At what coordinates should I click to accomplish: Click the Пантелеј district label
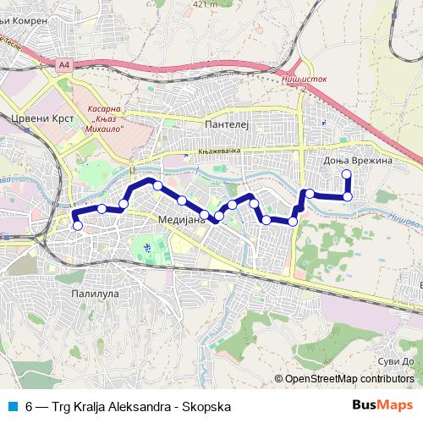(223, 123)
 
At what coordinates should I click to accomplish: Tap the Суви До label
(396, 359)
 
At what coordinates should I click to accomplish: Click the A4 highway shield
(65, 63)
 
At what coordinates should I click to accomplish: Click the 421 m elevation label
(205, 4)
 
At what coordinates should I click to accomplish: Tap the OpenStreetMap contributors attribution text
(348, 379)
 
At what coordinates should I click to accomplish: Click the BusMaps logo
(377, 406)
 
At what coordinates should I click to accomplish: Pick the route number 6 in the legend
(29, 406)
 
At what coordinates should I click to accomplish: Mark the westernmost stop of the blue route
(78, 225)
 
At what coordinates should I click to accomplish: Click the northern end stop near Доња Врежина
(347, 174)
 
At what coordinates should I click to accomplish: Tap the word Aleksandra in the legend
(136, 406)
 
